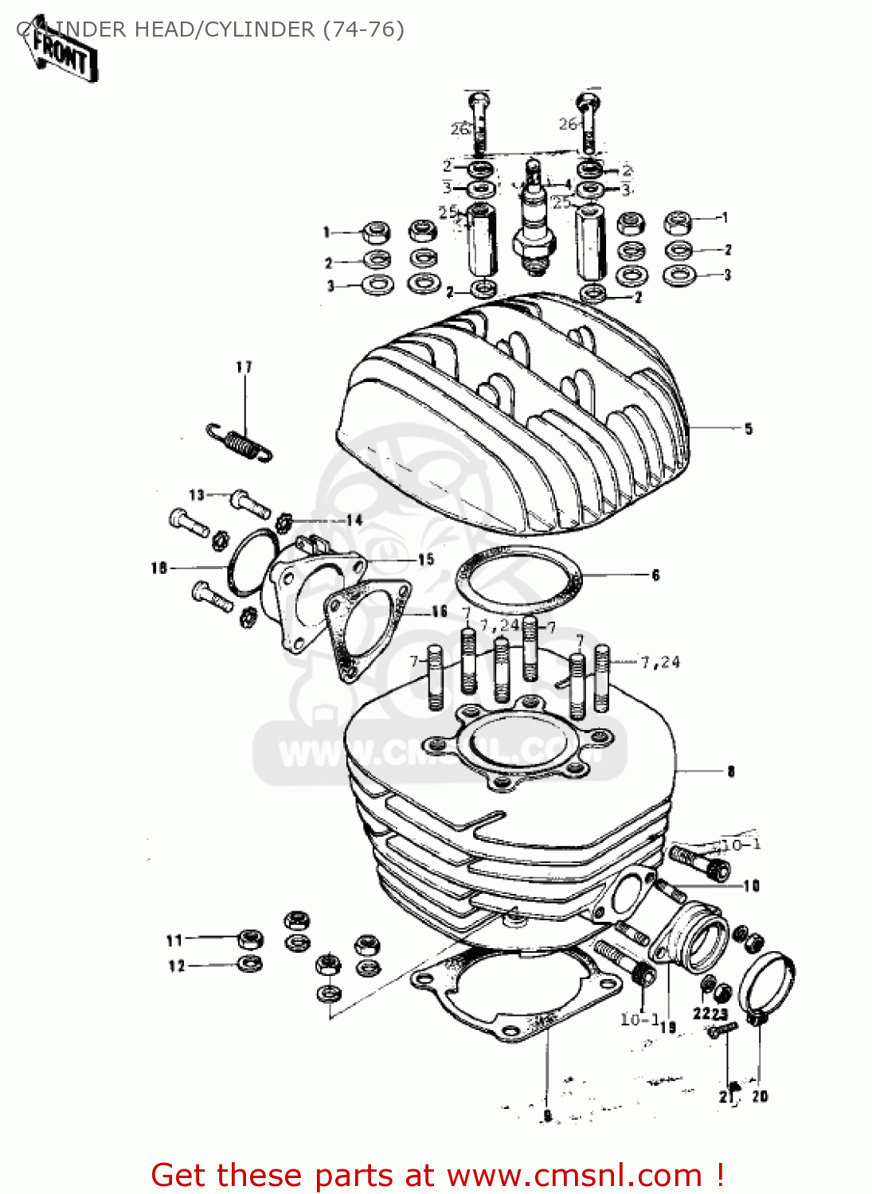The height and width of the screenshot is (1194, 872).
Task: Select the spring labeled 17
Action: click(240, 443)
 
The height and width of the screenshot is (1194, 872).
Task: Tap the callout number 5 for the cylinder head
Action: click(748, 429)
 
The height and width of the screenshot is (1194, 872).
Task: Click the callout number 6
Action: click(655, 575)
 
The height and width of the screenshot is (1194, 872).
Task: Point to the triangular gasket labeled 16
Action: click(366, 627)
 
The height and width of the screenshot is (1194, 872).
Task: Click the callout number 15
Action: click(426, 560)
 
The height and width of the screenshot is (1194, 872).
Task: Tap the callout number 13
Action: click(196, 495)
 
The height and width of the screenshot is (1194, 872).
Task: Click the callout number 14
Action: click(354, 520)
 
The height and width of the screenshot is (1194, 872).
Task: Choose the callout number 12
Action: click(176, 966)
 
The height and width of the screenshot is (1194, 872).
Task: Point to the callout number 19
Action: click(667, 1027)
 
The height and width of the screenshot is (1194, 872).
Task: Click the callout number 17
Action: click(244, 367)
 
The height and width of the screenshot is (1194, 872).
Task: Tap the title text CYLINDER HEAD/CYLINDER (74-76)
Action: click(211, 29)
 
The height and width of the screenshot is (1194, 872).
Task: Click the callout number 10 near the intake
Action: click(751, 886)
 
